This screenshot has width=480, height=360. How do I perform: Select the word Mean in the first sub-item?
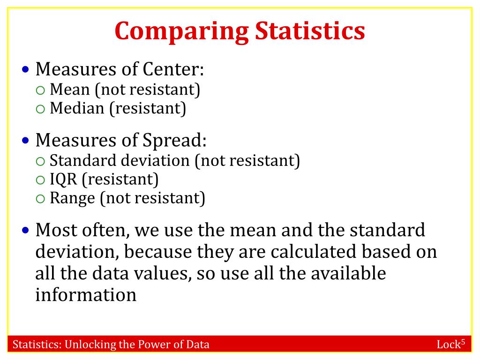69,89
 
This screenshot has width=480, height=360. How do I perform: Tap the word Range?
72,198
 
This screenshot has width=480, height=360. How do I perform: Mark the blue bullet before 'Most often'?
26,231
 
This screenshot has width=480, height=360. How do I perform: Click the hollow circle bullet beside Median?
41,109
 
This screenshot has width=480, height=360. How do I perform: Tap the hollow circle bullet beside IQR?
41,180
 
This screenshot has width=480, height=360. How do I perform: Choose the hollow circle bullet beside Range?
41,199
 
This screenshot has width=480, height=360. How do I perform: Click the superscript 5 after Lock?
463,342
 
